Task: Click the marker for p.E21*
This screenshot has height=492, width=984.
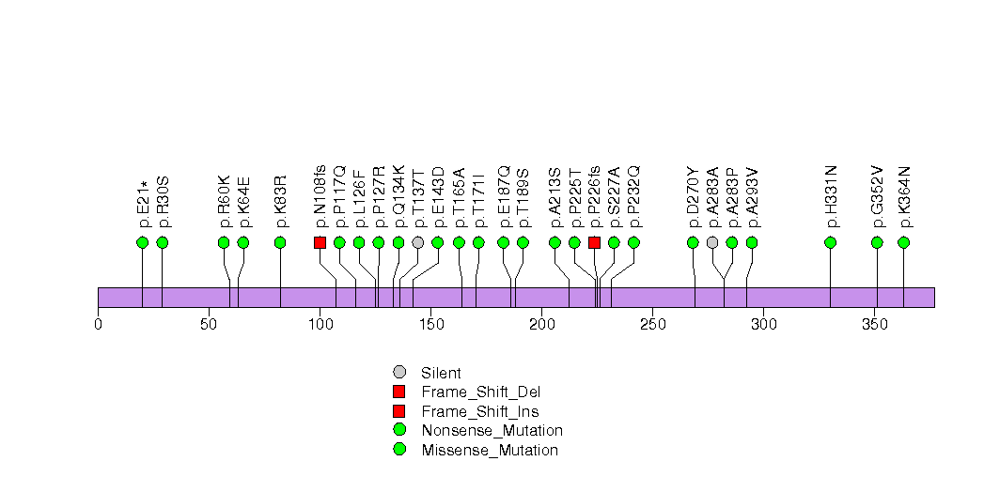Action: [x=143, y=242]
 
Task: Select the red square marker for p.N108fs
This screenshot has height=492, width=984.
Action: [x=320, y=242]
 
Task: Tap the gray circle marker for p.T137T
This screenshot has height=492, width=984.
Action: [x=417, y=242]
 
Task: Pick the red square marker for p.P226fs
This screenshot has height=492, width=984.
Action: [x=594, y=242]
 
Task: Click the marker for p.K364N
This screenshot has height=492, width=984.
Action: [x=904, y=242]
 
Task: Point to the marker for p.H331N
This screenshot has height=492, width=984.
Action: [x=831, y=242]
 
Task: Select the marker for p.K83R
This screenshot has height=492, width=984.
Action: [x=280, y=242]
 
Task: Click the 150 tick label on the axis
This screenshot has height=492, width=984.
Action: [x=430, y=325]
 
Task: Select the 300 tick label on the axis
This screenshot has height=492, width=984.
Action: [x=763, y=325]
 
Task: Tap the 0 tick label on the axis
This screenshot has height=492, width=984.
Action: [x=98, y=325]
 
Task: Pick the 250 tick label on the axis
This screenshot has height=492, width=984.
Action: [x=652, y=325]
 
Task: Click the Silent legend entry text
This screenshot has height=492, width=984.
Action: [x=441, y=373]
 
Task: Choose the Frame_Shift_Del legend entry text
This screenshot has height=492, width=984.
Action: [x=480, y=392]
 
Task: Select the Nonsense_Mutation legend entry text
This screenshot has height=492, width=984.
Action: [x=492, y=430]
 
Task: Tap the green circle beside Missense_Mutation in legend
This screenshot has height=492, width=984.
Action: [x=399, y=450]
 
